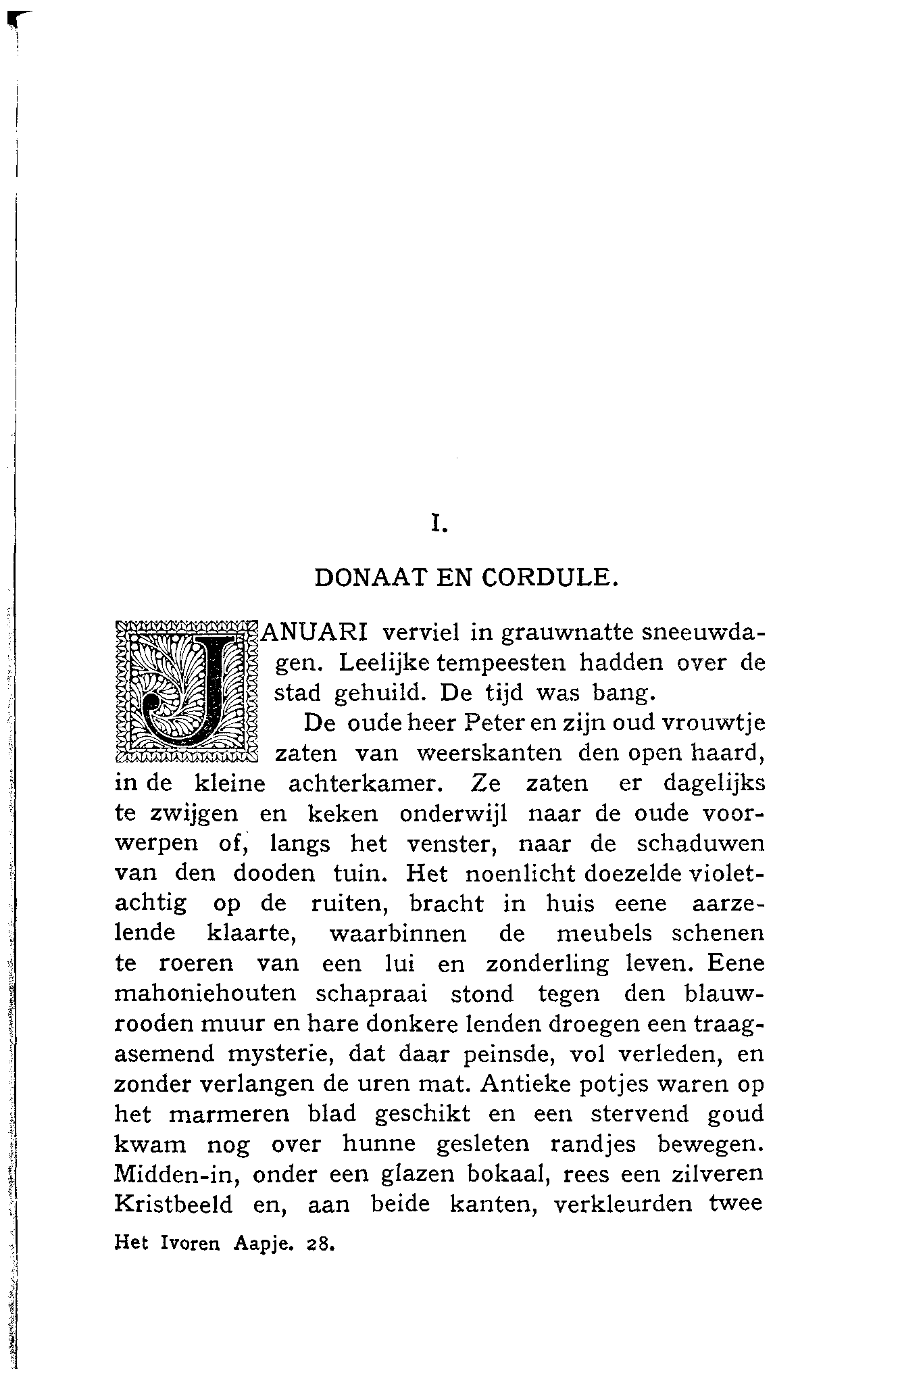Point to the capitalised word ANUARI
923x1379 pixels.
[x=315, y=633]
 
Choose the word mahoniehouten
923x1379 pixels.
[x=206, y=994]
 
